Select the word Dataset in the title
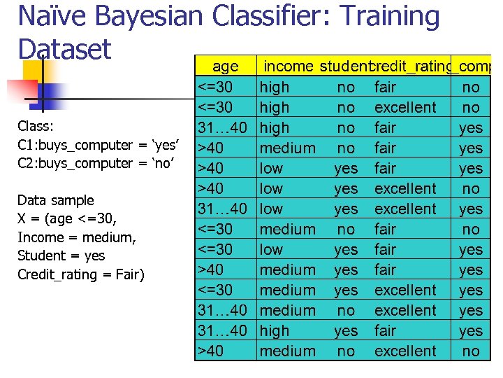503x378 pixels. coord(64,49)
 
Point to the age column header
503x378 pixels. coord(225,66)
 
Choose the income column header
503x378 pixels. coord(288,66)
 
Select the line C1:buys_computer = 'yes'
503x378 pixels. coord(99,145)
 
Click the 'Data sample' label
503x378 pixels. coord(55,200)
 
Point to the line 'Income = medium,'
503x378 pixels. coord(76,237)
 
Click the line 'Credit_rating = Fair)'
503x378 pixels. coord(81,274)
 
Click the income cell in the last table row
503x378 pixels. coord(287,351)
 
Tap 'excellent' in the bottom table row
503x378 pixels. coord(405,351)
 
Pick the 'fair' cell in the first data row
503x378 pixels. coord(385,87)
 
